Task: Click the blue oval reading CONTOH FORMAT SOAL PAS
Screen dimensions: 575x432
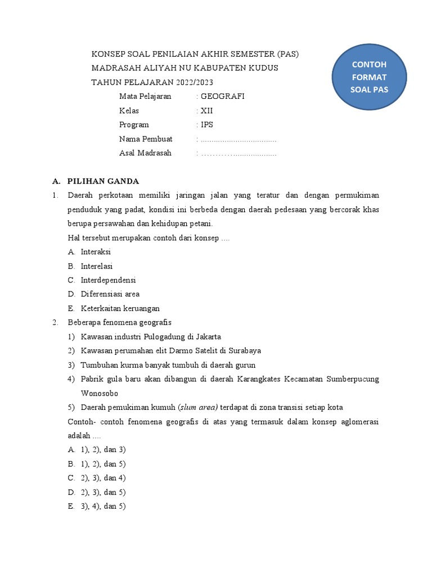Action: [x=369, y=77]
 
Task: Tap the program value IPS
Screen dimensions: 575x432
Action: [x=207, y=125]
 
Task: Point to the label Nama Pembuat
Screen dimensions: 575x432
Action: [x=146, y=139]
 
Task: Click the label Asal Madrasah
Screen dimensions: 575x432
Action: [x=145, y=153]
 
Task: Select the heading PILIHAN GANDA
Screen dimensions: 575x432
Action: [x=103, y=181]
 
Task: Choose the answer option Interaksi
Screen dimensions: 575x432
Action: [x=96, y=252]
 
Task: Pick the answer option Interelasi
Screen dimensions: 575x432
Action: [x=97, y=266]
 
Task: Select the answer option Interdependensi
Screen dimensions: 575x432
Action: [x=108, y=280]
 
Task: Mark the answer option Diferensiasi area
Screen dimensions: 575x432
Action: [x=110, y=294]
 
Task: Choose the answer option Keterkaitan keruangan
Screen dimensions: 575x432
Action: [x=120, y=308]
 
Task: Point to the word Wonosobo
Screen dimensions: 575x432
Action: [x=100, y=393]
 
